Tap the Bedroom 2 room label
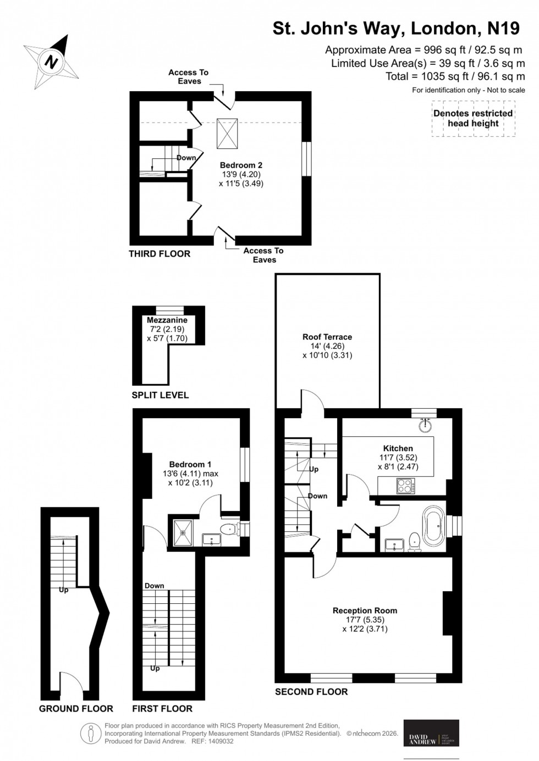click(241, 165)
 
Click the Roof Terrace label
click(327, 337)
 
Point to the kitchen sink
click(424, 425)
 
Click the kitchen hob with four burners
click(405, 486)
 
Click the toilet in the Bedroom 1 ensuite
click(228, 530)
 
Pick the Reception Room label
click(365, 610)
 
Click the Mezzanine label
click(167, 320)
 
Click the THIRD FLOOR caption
click(159, 254)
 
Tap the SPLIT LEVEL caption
click(160, 395)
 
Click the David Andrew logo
click(431, 733)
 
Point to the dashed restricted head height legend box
click(473, 118)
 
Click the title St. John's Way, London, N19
click(395, 29)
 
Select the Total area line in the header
click(455, 76)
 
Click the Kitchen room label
click(398, 448)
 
